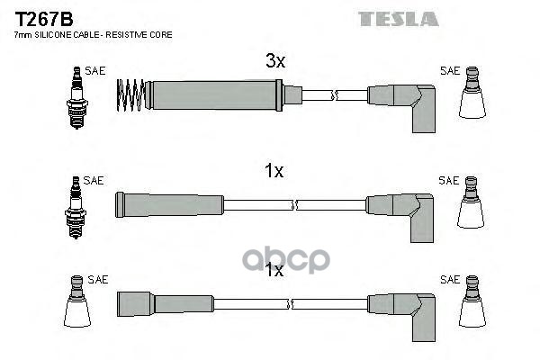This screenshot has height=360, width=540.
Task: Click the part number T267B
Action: tap(44, 19)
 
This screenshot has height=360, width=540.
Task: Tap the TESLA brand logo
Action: tap(398, 19)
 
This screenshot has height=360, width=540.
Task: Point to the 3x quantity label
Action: tap(275, 60)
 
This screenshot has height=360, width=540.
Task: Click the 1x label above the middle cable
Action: tap(274, 170)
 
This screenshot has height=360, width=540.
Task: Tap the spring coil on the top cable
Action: tap(130, 95)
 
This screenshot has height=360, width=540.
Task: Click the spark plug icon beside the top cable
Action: tap(76, 97)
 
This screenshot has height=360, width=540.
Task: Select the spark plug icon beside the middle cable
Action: tap(76, 207)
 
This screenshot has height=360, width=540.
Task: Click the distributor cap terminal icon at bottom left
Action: tap(76, 301)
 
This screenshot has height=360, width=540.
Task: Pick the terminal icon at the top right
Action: tap(472, 93)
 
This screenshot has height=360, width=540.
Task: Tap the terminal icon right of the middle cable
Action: tap(471, 202)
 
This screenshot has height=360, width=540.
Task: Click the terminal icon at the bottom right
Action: tap(472, 301)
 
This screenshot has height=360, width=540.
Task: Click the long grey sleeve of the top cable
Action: tap(214, 95)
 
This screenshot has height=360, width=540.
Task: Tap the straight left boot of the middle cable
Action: tap(169, 205)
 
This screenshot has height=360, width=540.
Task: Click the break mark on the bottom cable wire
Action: tap(290, 304)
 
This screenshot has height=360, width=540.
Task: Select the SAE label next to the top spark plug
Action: tap(95, 71)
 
